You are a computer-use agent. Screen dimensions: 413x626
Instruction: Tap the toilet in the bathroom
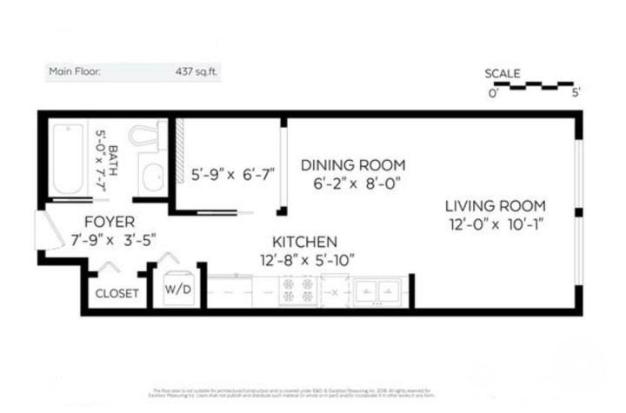[x=144, y=138]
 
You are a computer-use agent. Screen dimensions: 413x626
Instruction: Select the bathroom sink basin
[x=153, y=179]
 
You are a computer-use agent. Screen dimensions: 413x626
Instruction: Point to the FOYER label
[x=109, y=223]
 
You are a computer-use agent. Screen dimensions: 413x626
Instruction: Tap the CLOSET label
[x=117, y=294]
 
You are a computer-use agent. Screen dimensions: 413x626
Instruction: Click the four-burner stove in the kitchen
[x=298, y=290]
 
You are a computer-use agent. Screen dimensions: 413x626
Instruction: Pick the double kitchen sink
[x=379, y=290]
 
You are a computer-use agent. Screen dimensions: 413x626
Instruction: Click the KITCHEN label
[x=304, y=241]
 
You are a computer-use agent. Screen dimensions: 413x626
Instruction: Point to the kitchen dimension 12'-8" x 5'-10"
[x=308, y=258]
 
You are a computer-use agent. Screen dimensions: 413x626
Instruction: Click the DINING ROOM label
[x=353, y=165]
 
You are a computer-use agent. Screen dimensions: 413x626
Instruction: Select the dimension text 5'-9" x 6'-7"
[x=232, y=174]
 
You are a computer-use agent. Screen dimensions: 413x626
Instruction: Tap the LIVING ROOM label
[x=496, y=206]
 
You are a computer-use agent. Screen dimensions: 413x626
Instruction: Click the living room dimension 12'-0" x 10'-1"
[x=496, y=224]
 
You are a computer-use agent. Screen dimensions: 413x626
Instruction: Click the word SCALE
[x=503, y=74]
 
